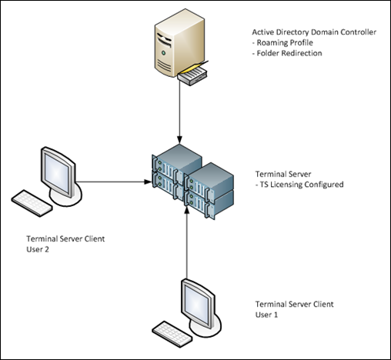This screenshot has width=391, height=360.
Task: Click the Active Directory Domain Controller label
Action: pyautogui.click(x=314, y=32)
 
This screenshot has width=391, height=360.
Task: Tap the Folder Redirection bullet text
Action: pyautogui.click(x=287, y=53)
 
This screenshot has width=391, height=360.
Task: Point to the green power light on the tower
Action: pyautogui.click(x=163, y=53)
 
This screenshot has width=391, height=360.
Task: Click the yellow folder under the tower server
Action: pyautogui.click(x=195, y=67)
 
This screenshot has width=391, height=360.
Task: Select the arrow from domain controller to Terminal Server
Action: pyautogui.click(x=179, y=113)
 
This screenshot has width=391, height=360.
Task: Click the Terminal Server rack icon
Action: pyautogui.click(x=193, y=182)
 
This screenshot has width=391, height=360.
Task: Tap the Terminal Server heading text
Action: pyautogui.click(x=283, y=174)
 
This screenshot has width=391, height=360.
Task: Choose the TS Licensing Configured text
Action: pyautogui.click(x=299, y=185)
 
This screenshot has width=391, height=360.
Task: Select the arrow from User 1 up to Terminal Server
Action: pyautogui.click(x=187, y=243)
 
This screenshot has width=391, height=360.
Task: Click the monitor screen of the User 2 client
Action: pyautogui.click(x=57, y=172)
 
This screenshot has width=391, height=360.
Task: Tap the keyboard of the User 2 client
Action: pyautogui.click(x=32, y=203)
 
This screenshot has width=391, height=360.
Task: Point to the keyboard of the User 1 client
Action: pyautogui.click(x=172, y=334)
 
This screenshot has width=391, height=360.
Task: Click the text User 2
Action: pyautogui.click(x=38, y=249)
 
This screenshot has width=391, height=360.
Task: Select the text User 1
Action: pyautogui.click(x=266, y=315)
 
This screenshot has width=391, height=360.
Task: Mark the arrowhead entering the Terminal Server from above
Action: pyautogui.click(x=179, y=140)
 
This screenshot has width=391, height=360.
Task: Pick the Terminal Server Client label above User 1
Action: pyautogui.click(x=294, y=305)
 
